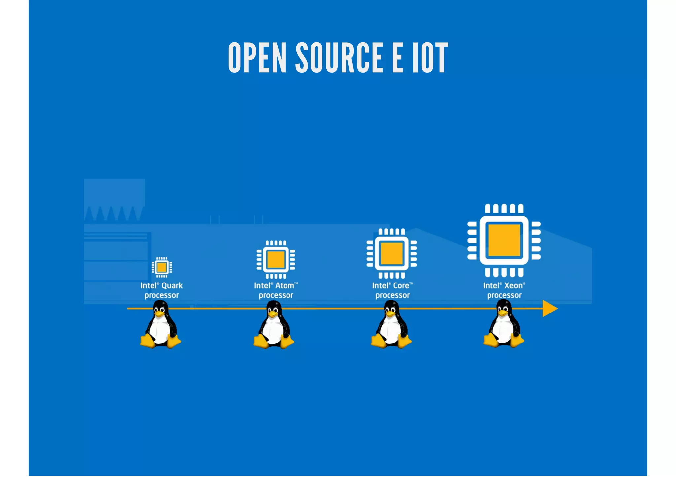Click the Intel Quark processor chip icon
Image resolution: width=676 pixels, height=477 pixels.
tap(162, 267)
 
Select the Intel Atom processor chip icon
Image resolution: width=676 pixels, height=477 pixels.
tap(276, 259)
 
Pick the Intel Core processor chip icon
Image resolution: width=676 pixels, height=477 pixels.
tap(391, 253)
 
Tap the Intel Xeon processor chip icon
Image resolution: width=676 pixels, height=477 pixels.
tap(504, 240)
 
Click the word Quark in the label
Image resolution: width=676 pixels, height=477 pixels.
tap(172, 286)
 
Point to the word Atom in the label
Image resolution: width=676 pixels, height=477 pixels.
tap(285, 286)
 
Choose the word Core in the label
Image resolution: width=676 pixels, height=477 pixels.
tap(401, 286)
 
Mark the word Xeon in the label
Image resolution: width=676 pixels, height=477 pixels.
tap(513, 286)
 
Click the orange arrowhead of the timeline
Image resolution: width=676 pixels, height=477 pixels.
tap(549, 309)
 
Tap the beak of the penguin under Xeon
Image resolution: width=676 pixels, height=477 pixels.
tap(502, 313)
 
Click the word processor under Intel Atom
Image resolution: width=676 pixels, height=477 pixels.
tap(276, 295)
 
